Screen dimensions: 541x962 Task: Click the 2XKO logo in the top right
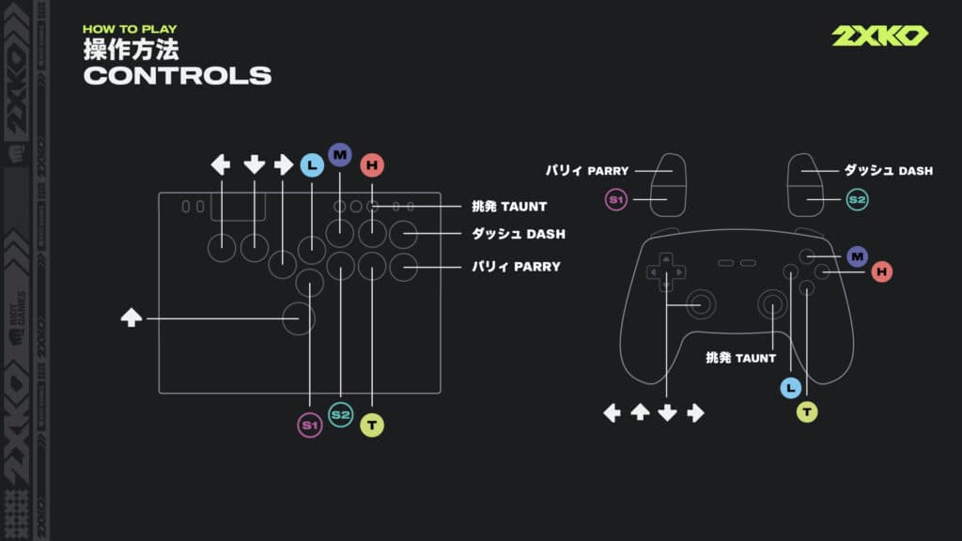coord(879,36)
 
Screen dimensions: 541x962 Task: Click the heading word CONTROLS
coord(178,76)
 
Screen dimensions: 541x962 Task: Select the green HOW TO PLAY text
coord(130,29)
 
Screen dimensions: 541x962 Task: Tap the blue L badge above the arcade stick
coord(311,165)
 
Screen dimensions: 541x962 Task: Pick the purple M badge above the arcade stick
coord(339,154)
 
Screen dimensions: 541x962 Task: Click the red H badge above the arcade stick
coord(372,165)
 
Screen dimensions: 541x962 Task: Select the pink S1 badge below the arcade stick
coord(309,425)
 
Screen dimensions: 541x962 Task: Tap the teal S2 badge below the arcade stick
coord(340,414)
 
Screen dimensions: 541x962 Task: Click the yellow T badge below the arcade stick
coord(372,425)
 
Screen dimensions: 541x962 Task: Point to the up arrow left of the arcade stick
coord(131,318)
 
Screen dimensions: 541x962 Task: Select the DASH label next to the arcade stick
coord(518,233)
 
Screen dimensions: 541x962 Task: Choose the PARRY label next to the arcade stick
coord(516,267)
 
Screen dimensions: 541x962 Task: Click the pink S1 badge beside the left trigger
coord(616,199)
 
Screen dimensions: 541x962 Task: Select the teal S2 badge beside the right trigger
coord(856,199)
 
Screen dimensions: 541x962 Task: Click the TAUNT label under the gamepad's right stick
coord(741,358)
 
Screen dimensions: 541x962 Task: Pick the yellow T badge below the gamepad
coord(807,411)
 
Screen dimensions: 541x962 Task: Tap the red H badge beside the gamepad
coord(880,271)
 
